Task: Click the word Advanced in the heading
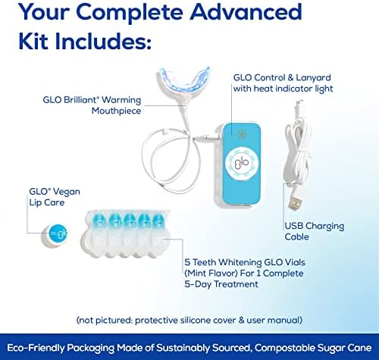(x=246, y=11)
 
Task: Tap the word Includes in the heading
(x=103, y=41)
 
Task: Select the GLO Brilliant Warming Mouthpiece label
(x=92, y=105)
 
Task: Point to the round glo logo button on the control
(x=242, y=162)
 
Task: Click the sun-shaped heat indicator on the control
(x=242, y=134)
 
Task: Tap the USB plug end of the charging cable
(x=295, y=202)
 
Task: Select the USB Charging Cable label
(x=315, y=231)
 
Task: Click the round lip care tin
(x=55, y=236)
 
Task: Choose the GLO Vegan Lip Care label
(x=55, y=197)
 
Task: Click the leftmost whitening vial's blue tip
(x=99, y=219)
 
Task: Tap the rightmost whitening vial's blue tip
(x=158, y=219)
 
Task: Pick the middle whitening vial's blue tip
(x=130, y=219)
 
